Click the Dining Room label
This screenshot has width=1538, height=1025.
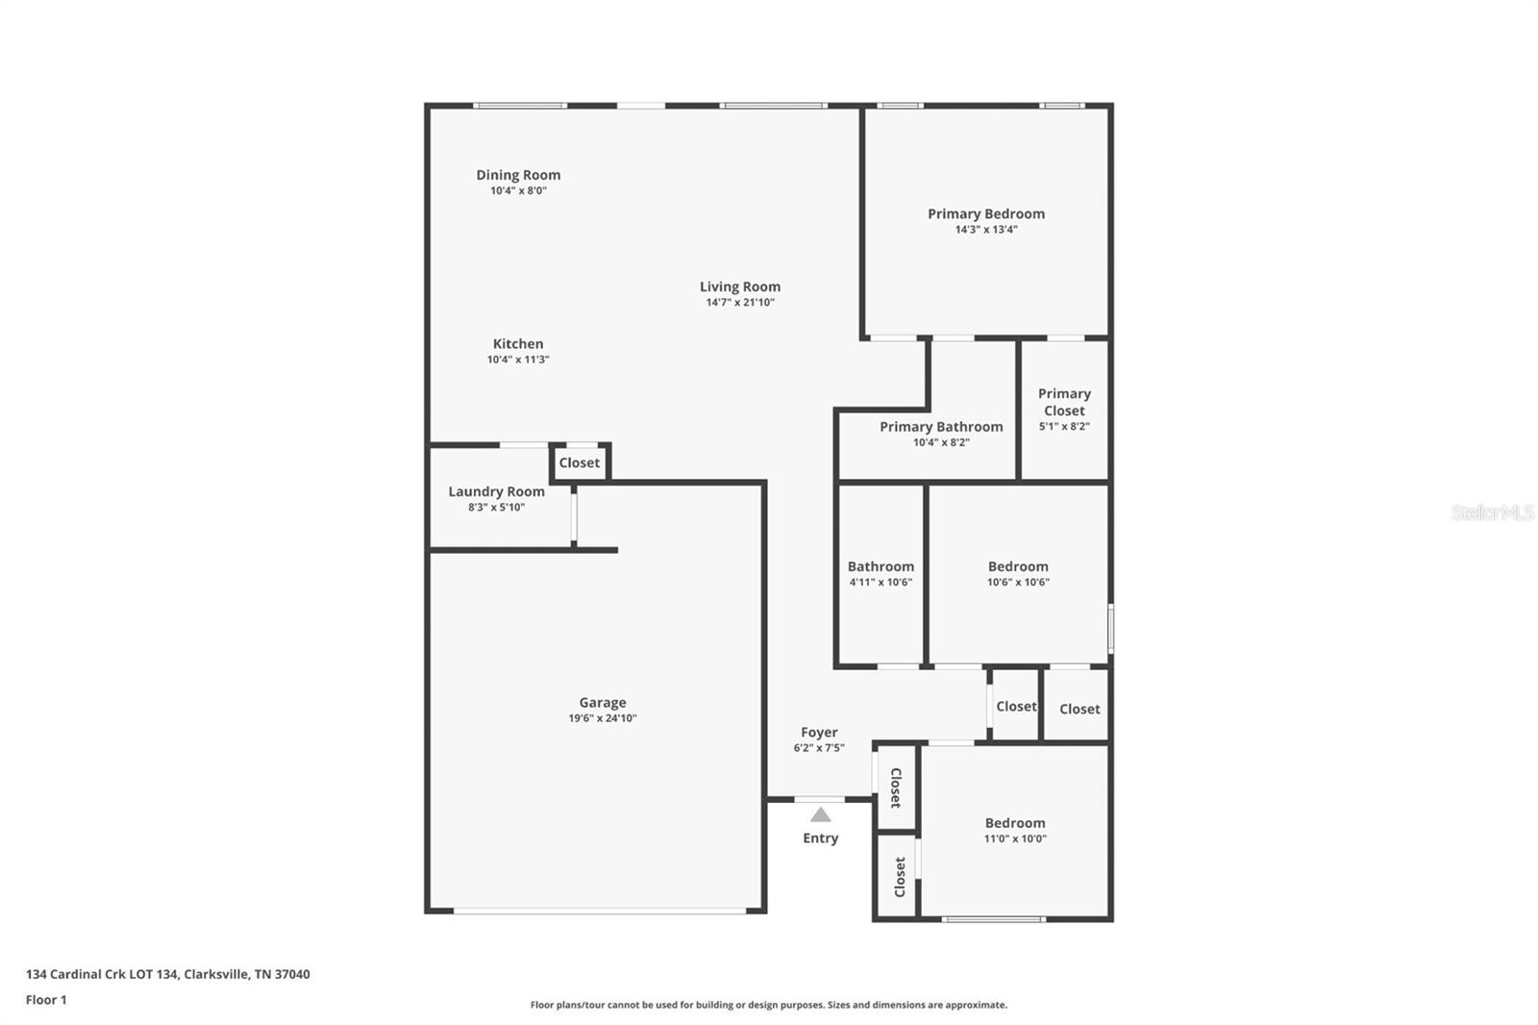click(x=518, y=175)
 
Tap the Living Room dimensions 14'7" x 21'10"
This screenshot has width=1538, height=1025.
click(x=740, y=302)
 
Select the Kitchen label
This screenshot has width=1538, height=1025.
click(x=518, y=343)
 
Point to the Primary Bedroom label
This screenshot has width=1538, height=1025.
click(x=985, y=213)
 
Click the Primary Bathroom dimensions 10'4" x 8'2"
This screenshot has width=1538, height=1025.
click(x=941, y=442)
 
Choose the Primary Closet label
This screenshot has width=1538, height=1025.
click(x=1064, y=402)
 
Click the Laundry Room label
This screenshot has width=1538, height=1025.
click(x=496, y=491)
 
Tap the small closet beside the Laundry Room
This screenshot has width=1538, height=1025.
click(x=580, y=462)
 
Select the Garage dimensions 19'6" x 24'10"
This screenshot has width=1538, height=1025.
click(x=603, y=718)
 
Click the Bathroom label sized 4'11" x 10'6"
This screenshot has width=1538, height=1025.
click(x=881, y=566)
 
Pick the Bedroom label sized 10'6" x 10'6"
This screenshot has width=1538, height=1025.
click(x=1018, y=566)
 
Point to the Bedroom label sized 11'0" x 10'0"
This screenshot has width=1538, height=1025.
click(x=1015, y=823)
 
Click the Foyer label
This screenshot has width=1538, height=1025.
click(x=819, y=733)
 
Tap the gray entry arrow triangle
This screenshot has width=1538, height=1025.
click(x=820, y=814)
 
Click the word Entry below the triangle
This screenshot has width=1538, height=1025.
click(x=820, y=838)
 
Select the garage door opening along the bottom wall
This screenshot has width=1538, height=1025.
click(x=601, y=911)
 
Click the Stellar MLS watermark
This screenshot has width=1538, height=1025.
click(x=1492, y=512)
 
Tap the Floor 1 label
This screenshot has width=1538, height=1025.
click(x=46, y=1000)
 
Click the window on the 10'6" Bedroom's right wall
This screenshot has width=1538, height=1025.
click(x=1111, y=628)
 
